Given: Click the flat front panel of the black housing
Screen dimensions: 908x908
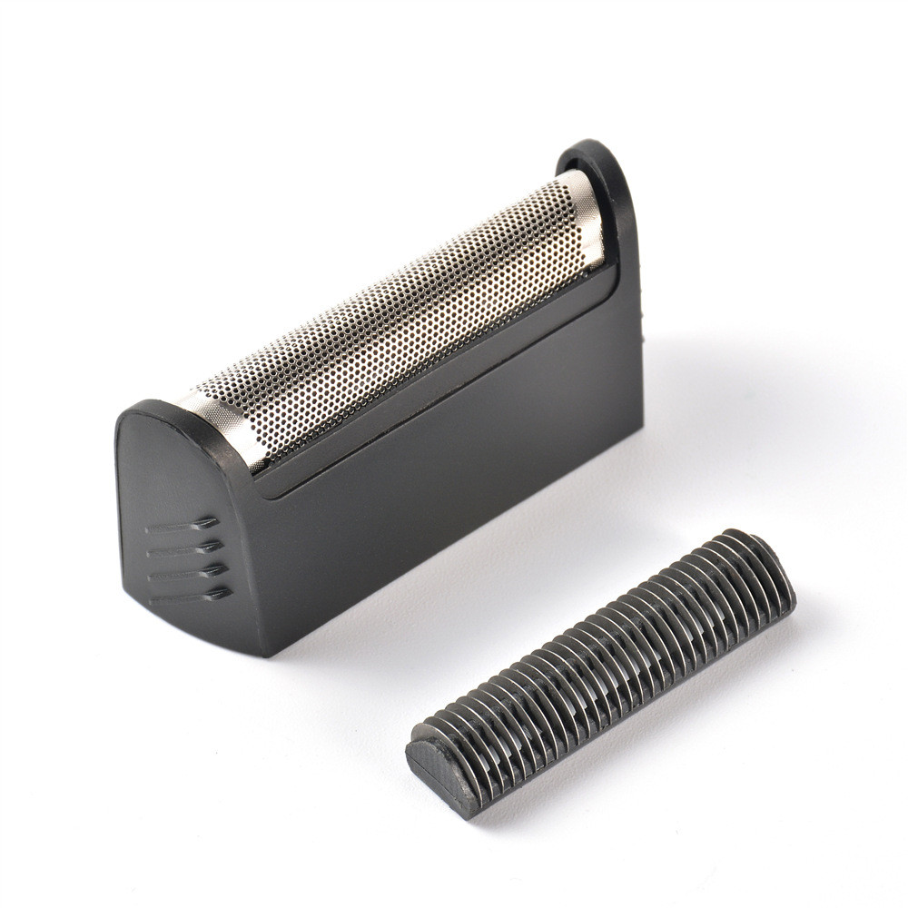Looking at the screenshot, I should pos(436,508).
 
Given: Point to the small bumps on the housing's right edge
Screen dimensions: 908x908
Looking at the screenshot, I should pos(642,313).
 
